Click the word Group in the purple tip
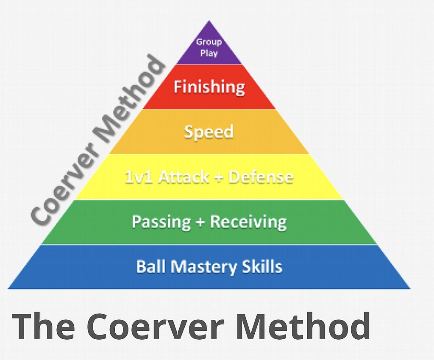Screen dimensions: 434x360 (x=209, y=42)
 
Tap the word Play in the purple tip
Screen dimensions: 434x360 (x=209, y=53)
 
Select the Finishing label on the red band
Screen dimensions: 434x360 (x=209, y=87)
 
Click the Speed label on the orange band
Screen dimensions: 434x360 (x=209, y=132)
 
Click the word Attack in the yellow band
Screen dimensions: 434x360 (x=184, y=177)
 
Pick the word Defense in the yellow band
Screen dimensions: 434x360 (x=261, y=177)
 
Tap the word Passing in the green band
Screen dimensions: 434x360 (x=161, y=222)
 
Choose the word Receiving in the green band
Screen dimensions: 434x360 (x=248, y=222)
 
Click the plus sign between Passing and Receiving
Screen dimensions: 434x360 (x=200, y=222)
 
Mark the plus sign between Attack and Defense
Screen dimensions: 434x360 (x=219, y=177)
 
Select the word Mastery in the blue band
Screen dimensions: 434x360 (x=203, y=267)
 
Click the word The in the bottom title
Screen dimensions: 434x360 (x=43, y=326)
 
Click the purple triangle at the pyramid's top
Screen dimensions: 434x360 (x=209, y=47)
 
